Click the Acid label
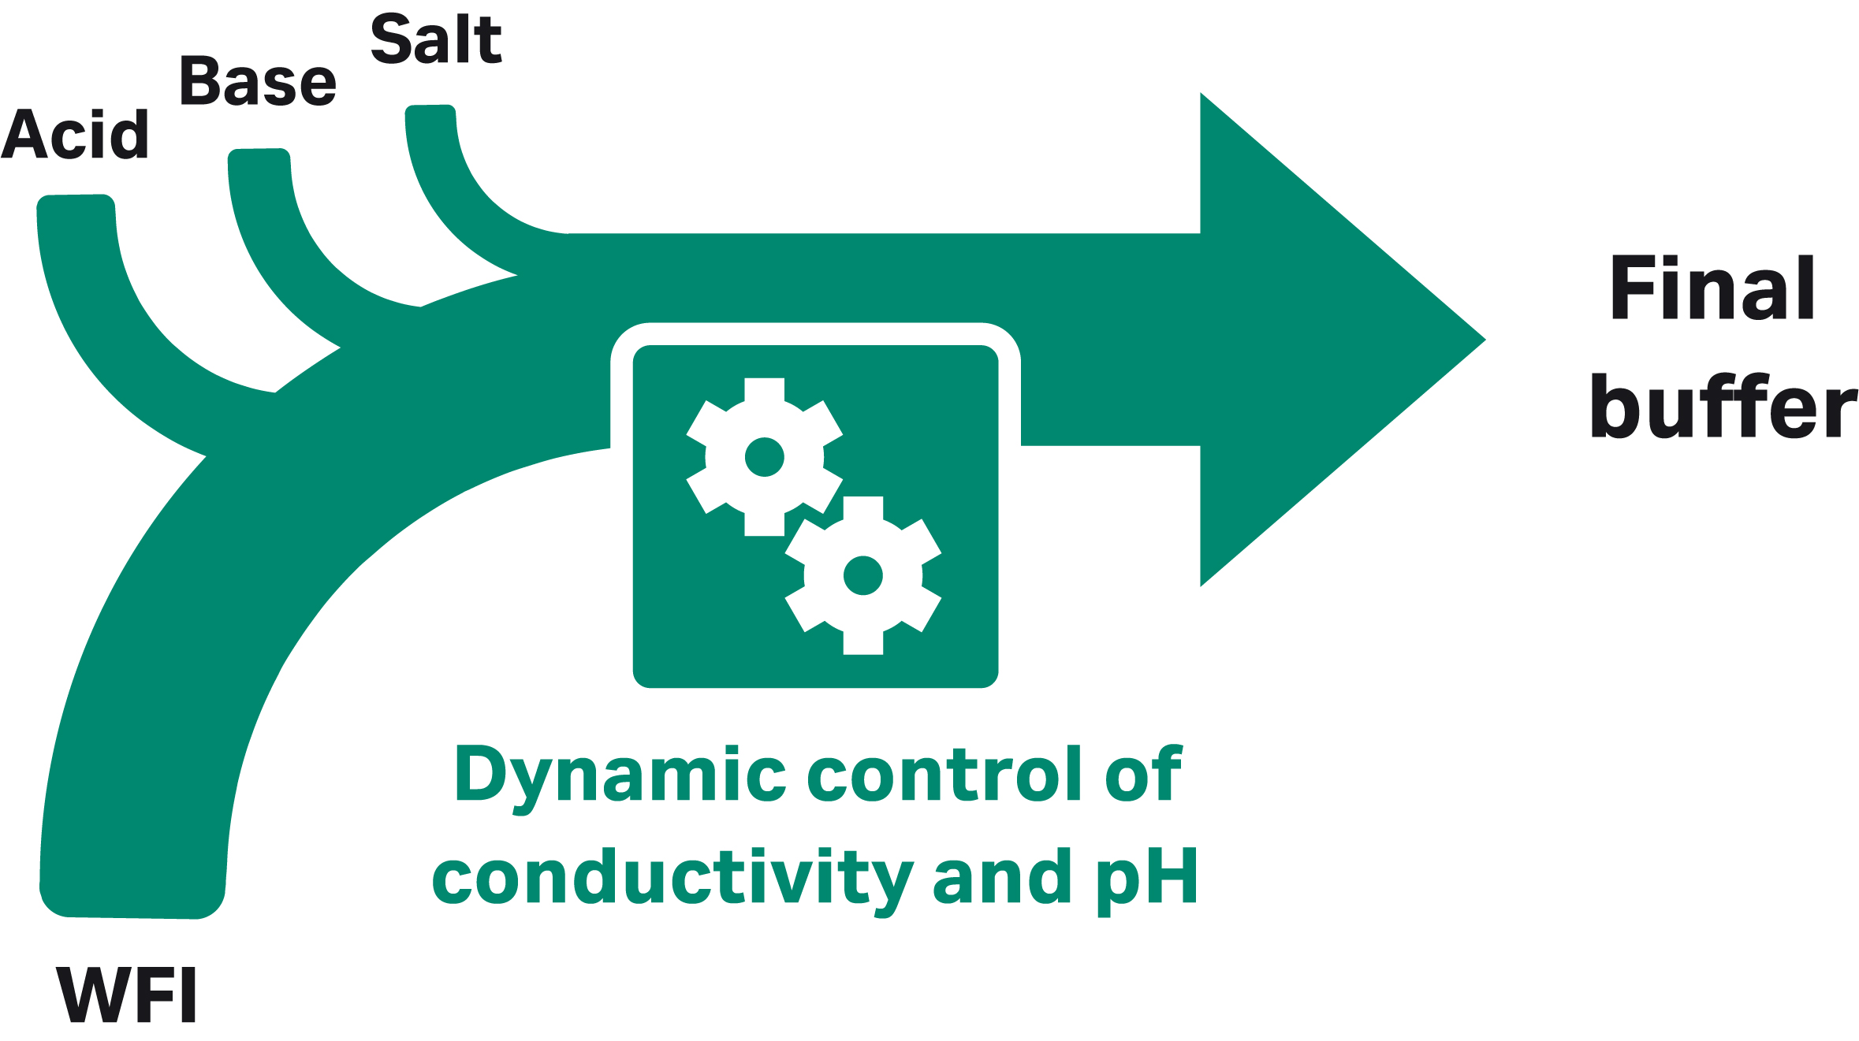[76, 135]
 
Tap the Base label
[258, 82]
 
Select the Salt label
[436, 40]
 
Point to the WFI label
[126, 995]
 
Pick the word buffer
[1723, 407]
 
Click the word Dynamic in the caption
[620, 776]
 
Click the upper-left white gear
[764, 457]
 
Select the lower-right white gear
[862, 575]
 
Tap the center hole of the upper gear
[764, 457]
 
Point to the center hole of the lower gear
[862, 575]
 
